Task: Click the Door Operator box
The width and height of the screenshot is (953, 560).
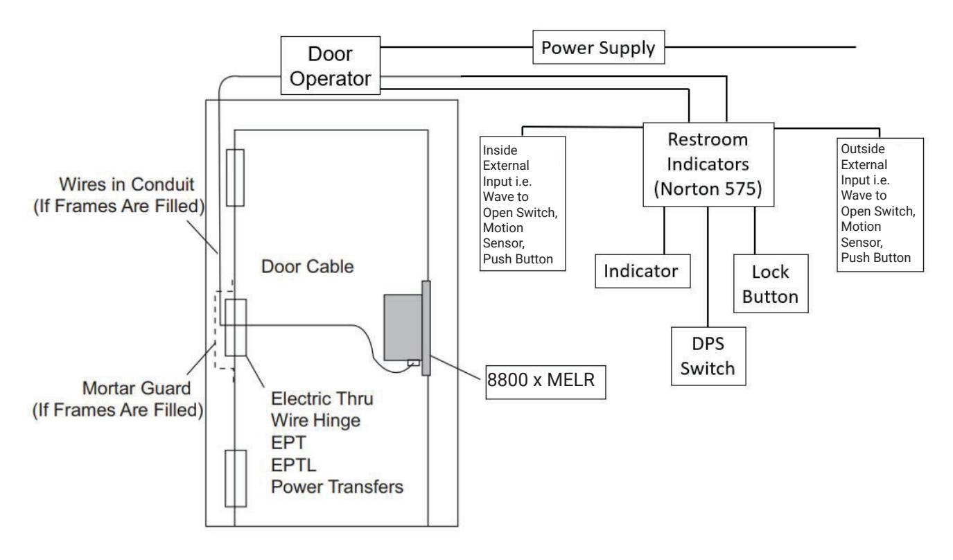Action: [x=330, y=65]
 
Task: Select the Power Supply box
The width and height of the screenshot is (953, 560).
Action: [x=599, y=47]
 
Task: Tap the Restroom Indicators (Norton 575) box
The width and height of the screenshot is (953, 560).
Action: [x=708, y=165]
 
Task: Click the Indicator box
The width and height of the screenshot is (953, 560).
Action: [x=642, y=271]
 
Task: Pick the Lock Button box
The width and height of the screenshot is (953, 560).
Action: [x=771, y=283]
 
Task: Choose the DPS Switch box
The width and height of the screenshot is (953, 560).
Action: [x=708, y=356]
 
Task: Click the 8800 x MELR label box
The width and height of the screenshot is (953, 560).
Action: [x=545, y=382]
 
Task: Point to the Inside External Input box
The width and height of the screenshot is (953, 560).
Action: [x=523, y=203]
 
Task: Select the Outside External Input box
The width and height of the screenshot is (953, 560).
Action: [x=880, y=204]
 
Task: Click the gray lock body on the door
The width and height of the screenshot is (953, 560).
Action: [x=403, y=328]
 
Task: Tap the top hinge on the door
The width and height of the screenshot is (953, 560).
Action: [x=235, y=178]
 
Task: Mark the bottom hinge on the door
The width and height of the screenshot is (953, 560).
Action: [x=236, y=478]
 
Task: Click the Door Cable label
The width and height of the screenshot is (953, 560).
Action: [x=308, y=266]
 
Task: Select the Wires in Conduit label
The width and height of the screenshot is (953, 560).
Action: [x=119, y=195]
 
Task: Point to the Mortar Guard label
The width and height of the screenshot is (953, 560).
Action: [x=118, y=399]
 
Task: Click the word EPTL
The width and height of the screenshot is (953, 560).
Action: [x=294, y=464]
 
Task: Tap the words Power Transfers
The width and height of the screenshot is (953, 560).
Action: [x=337, y=487]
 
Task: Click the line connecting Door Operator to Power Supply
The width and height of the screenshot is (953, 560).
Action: [x=457, y=47]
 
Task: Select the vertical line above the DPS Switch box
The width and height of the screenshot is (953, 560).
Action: [x=708, y=267]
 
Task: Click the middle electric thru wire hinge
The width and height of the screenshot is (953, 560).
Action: [x=236, y=328]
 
